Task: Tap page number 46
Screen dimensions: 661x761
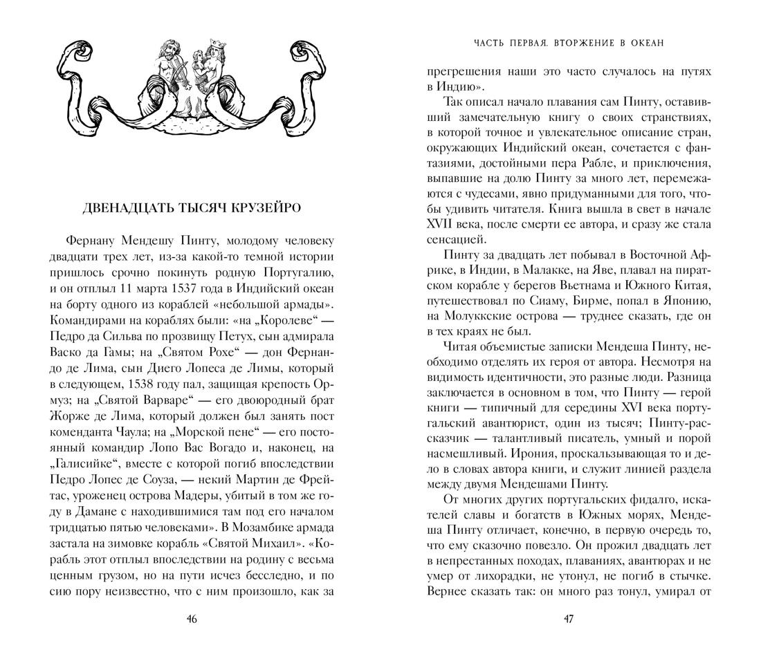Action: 192,619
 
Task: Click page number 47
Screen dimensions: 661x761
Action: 569,619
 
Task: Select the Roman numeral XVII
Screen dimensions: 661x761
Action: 442,225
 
